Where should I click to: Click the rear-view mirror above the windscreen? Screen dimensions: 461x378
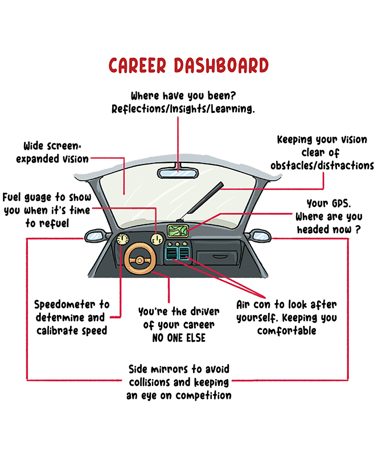pos(178,170)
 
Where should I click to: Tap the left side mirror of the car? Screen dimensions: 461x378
pos(92,235)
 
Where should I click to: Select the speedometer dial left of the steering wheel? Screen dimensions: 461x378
pos(121,240)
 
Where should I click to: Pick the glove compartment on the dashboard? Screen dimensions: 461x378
pos(224,260)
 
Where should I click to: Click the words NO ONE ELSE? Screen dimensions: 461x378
pos(175,338)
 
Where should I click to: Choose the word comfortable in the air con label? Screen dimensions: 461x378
pos(286,331)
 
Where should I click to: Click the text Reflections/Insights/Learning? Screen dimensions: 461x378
pos(183,108)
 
